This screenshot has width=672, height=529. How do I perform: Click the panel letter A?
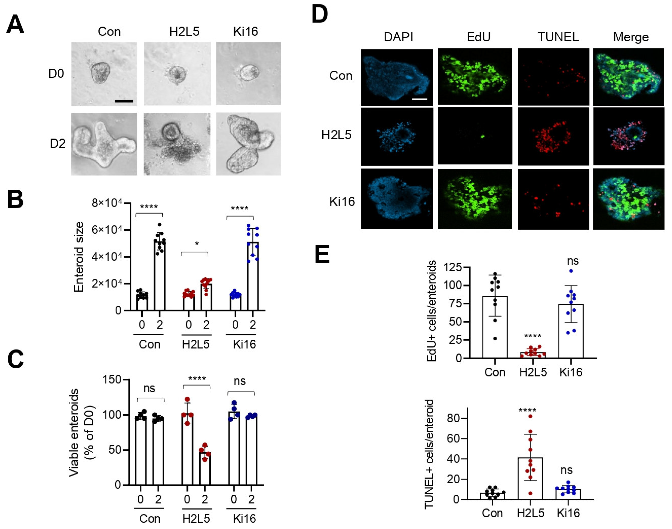point(15,25)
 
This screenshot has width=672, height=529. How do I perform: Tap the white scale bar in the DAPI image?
point(420,99)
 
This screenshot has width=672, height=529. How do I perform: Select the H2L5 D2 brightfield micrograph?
point(177,144)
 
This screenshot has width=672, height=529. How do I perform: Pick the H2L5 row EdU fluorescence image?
point(475,136)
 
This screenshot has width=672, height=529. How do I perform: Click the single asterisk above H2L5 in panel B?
point(197,244)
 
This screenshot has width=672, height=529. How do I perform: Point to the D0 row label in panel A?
point(56,74)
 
